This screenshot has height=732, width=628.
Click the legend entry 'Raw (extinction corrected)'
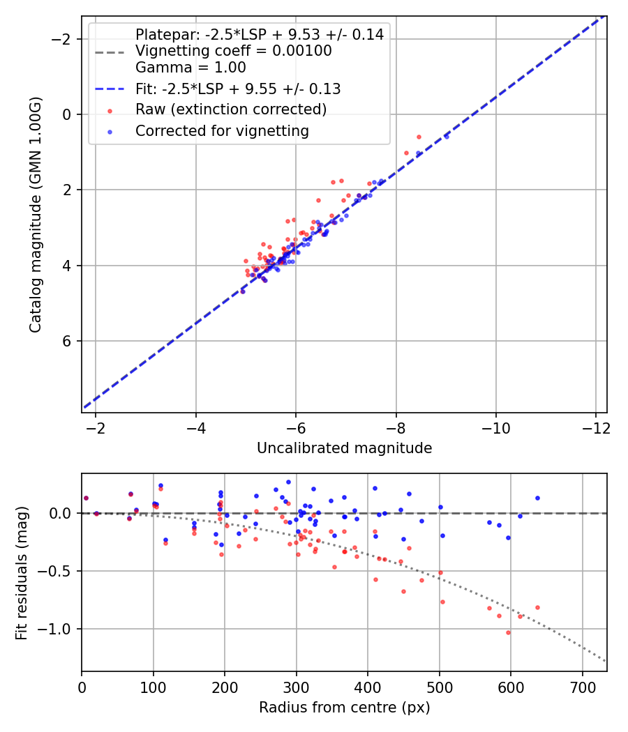(x=230, y=109)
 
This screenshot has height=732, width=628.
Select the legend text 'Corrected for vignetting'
(x=222, y=130)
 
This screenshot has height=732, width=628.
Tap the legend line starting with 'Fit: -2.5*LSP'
(x=237, y=89)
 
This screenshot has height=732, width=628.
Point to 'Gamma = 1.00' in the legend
(x=190, y=68)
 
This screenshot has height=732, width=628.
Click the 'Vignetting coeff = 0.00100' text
(x=233, y=51)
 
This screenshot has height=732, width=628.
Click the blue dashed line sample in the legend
(x=110, y=89)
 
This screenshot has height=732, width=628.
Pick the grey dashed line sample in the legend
(x=110, y=52)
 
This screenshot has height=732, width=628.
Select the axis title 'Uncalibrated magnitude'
(x=344, y=448)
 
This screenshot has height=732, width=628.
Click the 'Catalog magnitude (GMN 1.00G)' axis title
(x=36, y=215)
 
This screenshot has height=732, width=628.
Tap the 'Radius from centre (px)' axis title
(x=344, y=708)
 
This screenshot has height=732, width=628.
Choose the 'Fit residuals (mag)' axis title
(x=22, y=572)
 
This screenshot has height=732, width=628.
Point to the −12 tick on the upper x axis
(x=595, y=427)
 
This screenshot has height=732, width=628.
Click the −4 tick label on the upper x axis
(x=195, y=427)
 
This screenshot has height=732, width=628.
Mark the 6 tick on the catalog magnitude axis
(x=68, y=341)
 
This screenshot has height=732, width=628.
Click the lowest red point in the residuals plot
(x=508, y=632)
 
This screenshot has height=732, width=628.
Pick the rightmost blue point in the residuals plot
(x=537, y=498)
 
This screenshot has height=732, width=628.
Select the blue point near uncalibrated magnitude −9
(x=447, y=137)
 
